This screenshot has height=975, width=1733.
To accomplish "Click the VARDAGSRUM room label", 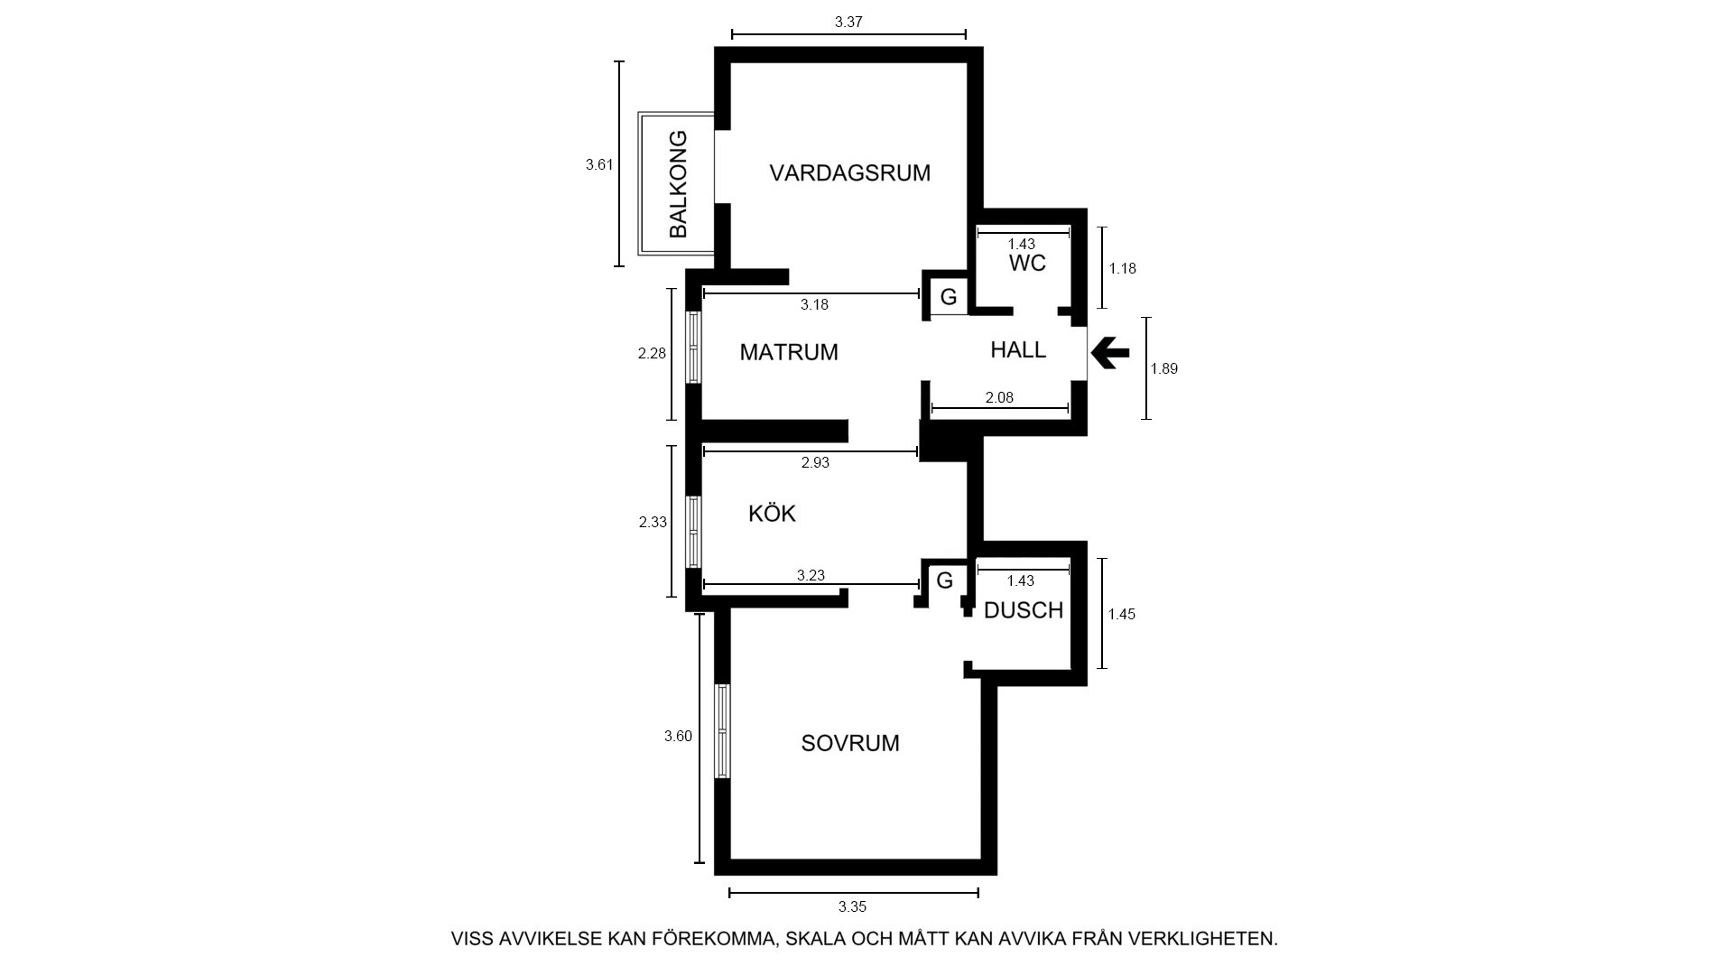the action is pos(849,172).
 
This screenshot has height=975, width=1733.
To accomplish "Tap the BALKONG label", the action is pos(678,184).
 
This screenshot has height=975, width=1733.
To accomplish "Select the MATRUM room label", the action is pos(789,352).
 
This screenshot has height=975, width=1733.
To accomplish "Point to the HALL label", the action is pos(1018,349).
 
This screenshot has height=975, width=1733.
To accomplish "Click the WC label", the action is pos(1027,263).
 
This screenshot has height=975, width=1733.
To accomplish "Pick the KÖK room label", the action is pos(772,513).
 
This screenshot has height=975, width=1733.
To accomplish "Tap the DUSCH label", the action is pos(1024,610).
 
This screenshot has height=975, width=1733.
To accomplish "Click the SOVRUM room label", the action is pos(850,743).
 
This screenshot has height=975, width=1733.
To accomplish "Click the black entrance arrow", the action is pos(1110,353).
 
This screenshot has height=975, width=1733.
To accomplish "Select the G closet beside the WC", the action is pos(949,296).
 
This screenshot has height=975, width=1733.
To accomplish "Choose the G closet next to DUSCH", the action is pos(944,580).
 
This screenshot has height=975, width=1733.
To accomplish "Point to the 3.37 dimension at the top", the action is pos(848,23).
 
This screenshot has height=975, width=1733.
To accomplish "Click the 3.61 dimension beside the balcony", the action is pos(599,164).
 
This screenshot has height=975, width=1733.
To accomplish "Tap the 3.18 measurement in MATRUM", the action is pos(814,305).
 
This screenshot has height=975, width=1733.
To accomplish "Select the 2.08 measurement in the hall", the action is pos(999,397).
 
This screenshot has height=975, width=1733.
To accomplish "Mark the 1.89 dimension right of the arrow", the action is pos(1164,368).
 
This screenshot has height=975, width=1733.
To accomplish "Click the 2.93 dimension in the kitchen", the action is pos(815,463).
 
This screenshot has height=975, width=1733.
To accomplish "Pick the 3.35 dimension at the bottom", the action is pos(852,907).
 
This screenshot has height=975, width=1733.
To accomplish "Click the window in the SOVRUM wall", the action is pos(722,731).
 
